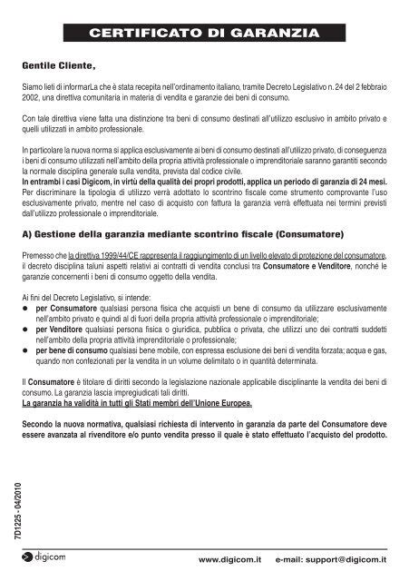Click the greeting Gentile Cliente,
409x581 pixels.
pyautogui.click(x=59, y=66)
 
